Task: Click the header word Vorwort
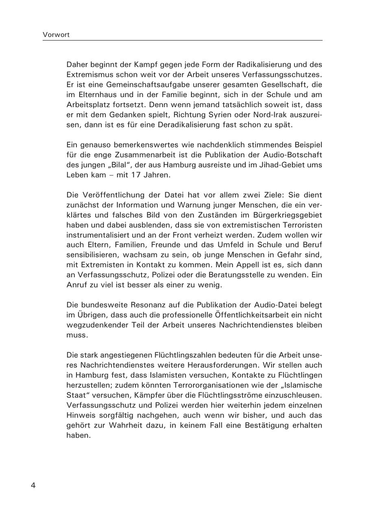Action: [56, 35]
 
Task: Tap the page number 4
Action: [33, 486]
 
